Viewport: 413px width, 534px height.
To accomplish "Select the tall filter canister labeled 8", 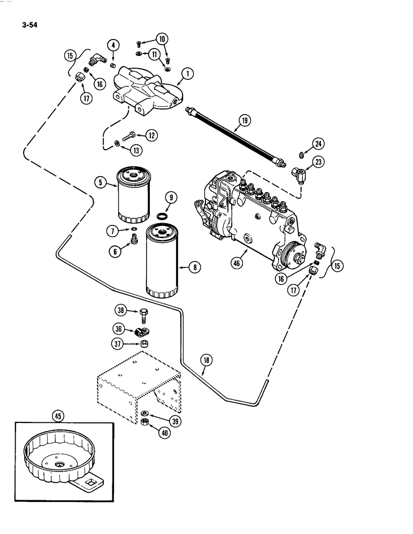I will [163, 260].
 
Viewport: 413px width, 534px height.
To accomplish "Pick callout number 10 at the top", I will [161, 38].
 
